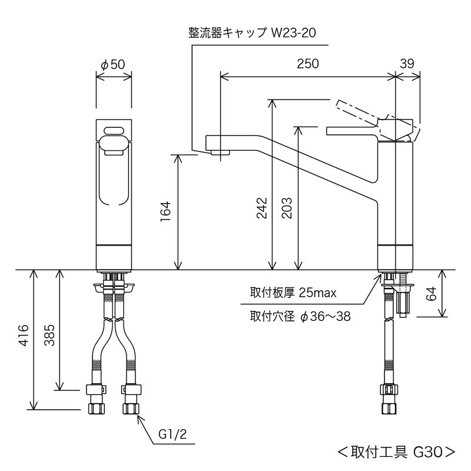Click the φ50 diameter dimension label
click(113, 65)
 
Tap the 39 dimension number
click(407, 64)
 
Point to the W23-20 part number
click(294, 33)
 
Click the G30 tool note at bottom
click(396, 452)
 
